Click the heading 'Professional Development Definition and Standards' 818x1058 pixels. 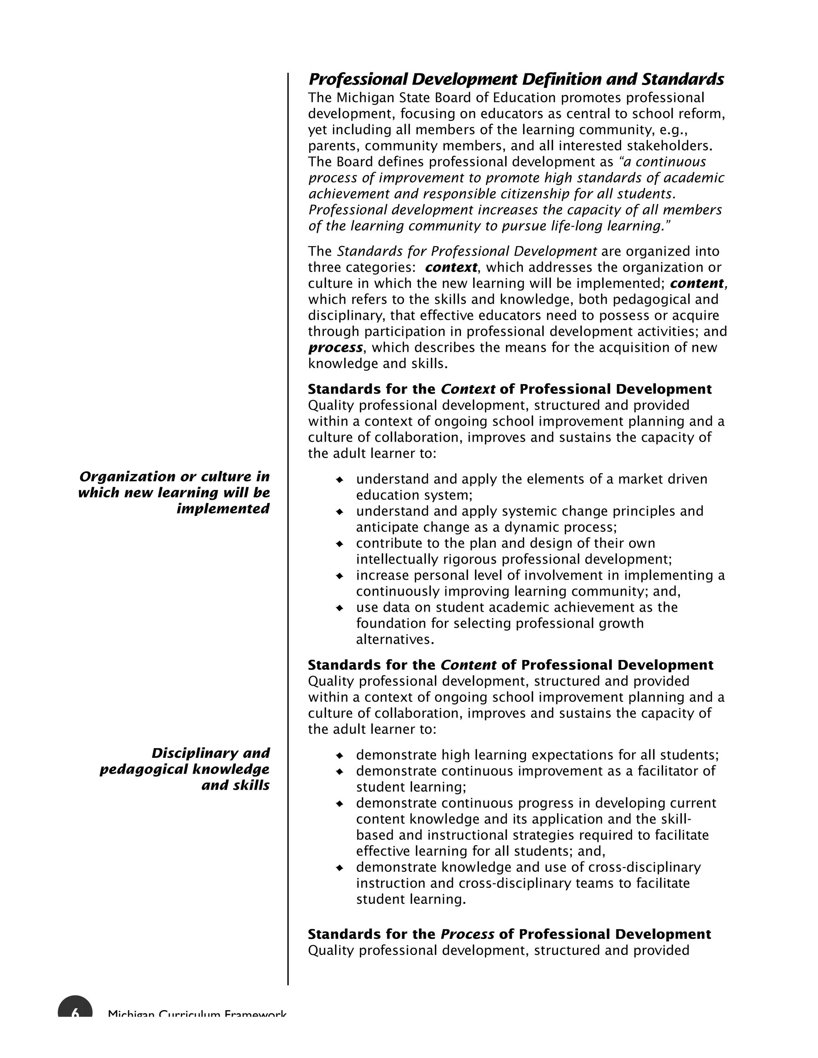[x=516, y=79]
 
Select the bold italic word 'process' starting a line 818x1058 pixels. [x=335, y=348]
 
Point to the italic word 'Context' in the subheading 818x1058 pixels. [x=468, y=390]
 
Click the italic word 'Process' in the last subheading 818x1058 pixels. [x=467, y=935]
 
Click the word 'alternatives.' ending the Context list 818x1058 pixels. [x=395, y=640]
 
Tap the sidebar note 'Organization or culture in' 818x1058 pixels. [x=174, y=477]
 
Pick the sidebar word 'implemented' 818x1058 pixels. [x=222, y=509]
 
